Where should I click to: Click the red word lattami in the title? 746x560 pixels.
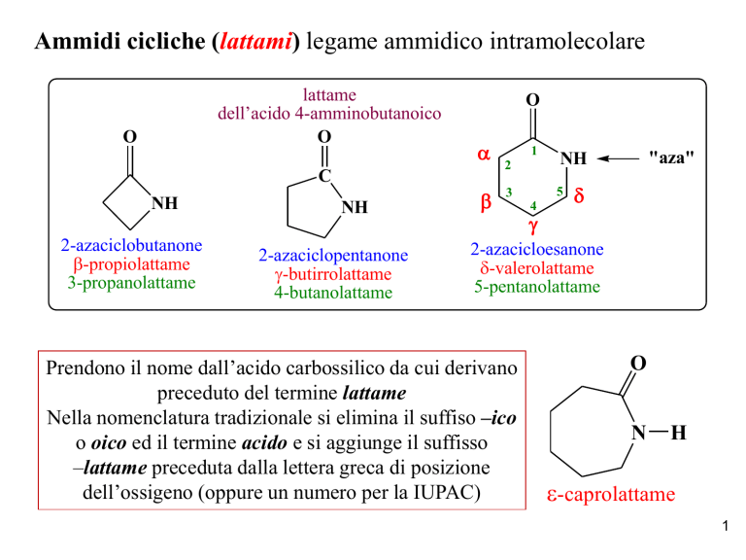[x=255, y=41]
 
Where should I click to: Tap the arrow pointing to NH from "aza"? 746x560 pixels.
[x=618, y=158]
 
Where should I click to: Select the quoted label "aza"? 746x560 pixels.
[x=671, y=157]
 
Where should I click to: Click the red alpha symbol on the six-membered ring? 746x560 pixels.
[x=484, y=154]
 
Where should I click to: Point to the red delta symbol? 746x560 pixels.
[x=579, y=194]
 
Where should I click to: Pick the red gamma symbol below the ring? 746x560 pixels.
[x=533, y=226]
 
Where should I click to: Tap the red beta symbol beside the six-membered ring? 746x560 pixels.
[x=486, y=201]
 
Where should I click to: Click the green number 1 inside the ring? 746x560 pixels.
[x=534, y=151]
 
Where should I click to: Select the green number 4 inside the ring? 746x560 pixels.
[x=533, y=206]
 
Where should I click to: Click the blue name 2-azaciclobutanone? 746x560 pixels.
[x=131, y=245]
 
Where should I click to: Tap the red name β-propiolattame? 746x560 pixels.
[x=132, y=264]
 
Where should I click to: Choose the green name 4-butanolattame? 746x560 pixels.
[x=333, y=292]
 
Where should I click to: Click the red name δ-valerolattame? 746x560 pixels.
[x=537, y=268]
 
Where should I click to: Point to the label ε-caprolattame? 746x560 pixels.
[x=611, y=494]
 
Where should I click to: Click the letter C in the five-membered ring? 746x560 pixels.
[x=324, y=176]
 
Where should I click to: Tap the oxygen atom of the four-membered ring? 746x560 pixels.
[x=130, y=137]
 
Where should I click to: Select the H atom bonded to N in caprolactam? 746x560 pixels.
[x=678, y=433]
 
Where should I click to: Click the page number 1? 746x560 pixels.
[x=725, y=526]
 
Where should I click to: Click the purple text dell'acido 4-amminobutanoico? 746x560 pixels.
[x=329, y=114]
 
